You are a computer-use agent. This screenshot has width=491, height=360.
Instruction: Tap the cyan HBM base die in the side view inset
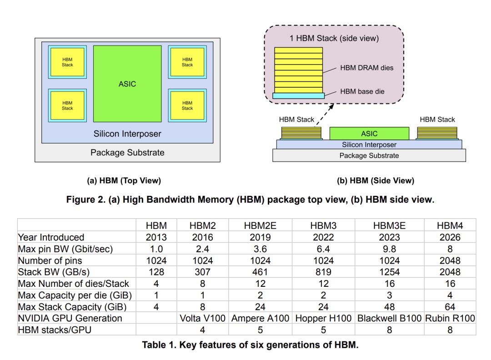(299, 95)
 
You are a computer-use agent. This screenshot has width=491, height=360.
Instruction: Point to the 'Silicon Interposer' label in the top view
(127, 134)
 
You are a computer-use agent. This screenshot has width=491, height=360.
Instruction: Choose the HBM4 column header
(450, 225)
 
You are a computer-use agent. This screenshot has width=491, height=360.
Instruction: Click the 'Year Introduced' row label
(51, 237)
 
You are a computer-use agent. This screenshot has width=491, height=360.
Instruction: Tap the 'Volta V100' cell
(202, 319)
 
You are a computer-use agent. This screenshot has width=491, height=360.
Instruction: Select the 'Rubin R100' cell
(450, 319)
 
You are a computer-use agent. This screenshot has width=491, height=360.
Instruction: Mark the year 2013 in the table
(156, 237)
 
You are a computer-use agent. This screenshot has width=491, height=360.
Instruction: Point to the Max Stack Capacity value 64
(450, 307)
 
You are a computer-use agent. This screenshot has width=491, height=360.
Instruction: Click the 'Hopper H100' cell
(323, 319)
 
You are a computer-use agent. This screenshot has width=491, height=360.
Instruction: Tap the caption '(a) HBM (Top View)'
(124, 180)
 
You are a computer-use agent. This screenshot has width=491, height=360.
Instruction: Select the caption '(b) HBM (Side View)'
(376, 180)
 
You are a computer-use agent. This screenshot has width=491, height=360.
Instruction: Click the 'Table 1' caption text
(250, 345)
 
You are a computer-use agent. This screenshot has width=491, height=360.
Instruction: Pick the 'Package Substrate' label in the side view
(369, 155)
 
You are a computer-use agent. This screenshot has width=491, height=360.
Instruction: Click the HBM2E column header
(260, 225)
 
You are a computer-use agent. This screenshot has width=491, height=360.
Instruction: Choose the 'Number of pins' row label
(48, 260)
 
